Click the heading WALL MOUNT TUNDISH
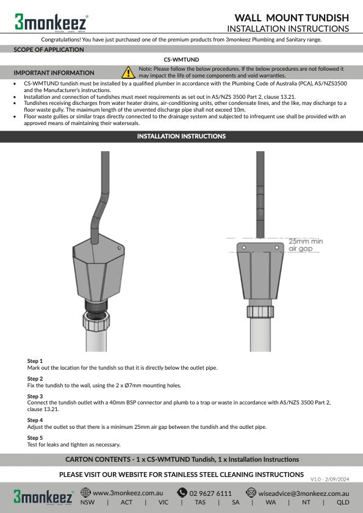292,18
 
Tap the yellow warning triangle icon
129,73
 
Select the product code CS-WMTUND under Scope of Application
181,60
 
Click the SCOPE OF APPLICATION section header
49,50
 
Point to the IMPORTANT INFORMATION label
54,73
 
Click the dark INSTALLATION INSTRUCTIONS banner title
181,137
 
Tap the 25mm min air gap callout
305,245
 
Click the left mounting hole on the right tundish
243,247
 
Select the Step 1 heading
35,361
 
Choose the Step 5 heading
35,438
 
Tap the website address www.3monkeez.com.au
128,492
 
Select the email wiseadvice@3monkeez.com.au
303,492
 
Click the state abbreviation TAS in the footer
200,503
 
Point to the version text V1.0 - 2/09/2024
329,479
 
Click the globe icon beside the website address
85,492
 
